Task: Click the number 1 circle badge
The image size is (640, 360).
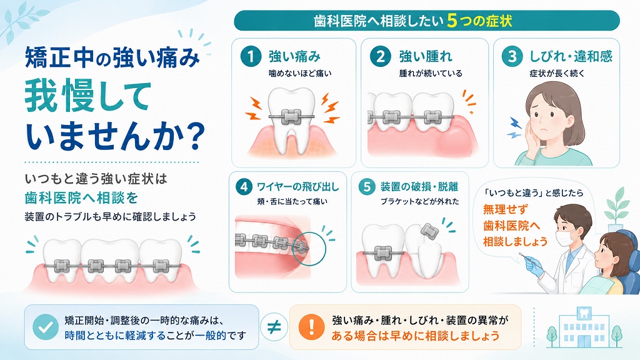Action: point(251,56)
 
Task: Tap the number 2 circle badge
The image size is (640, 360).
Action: point(381,56)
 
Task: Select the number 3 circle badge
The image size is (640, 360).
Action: point(512,56)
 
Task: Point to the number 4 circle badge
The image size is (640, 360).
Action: point(244,187)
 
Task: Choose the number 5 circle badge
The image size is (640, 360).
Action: point(366,187)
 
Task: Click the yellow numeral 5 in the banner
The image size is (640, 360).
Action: point(451,21)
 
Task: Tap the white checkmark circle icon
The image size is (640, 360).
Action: point(45,327)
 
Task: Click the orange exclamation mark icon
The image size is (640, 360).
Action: point(311,327)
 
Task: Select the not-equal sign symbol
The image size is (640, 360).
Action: point(274,327)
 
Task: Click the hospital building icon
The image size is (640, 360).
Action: point(584,327)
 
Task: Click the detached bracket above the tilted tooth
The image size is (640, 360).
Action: point(429,232)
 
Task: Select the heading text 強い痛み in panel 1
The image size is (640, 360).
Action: point(294,56)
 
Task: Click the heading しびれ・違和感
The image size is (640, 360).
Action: point(571,56)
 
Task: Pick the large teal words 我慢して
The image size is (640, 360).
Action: point(88,97)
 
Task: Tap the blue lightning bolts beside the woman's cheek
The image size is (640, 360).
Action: point(514,127)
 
